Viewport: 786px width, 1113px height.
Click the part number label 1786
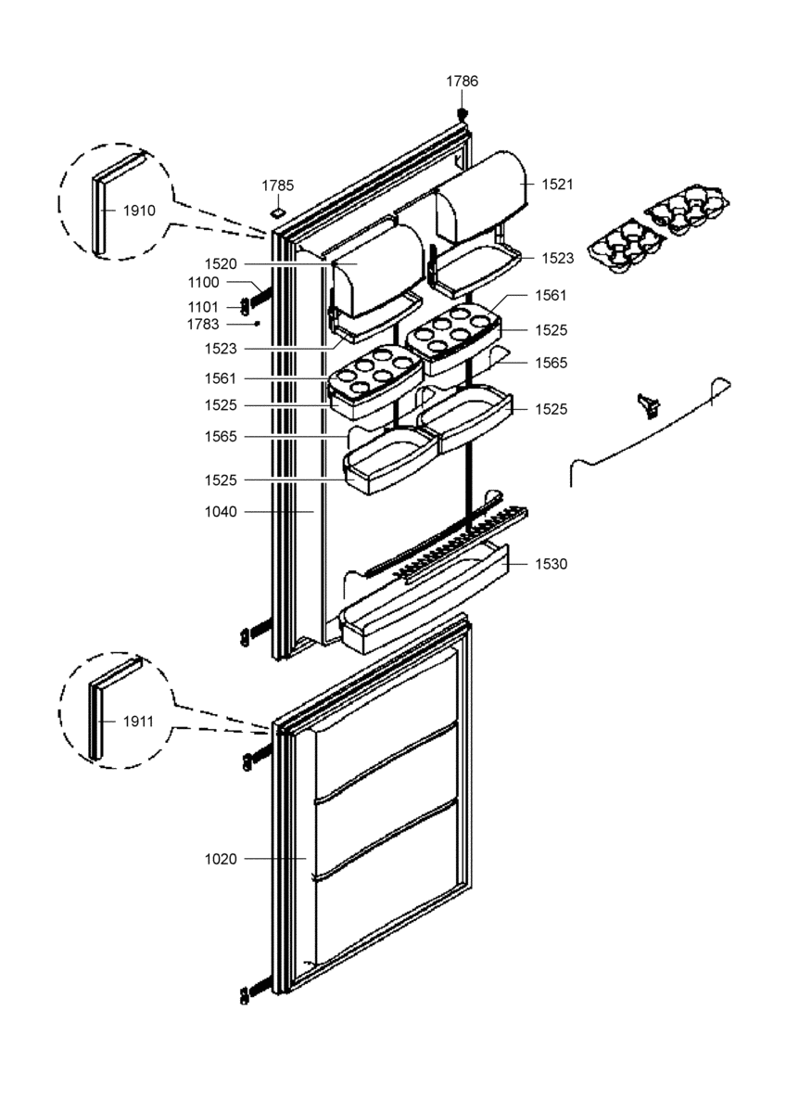(462, 81)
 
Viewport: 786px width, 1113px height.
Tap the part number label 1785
(277, 185)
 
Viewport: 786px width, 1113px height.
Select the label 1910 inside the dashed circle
(140, 211)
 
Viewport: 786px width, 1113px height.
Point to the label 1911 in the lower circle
(138, 722)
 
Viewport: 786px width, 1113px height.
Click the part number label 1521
(558, 185)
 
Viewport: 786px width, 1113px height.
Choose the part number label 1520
(221, 263)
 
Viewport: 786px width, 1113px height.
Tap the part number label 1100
(204, 282)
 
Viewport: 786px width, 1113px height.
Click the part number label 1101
(203, 307)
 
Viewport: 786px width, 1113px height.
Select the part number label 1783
(203, 325)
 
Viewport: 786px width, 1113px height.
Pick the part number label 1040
(221, 512)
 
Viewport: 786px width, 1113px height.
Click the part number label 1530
(551, 564)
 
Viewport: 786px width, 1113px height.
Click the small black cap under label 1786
(462, 114)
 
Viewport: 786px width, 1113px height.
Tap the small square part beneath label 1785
(278, 212)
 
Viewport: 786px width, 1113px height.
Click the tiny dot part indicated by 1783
(257, 324)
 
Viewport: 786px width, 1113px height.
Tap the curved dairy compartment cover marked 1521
(481, 198)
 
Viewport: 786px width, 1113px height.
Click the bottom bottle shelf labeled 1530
(425, 602)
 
